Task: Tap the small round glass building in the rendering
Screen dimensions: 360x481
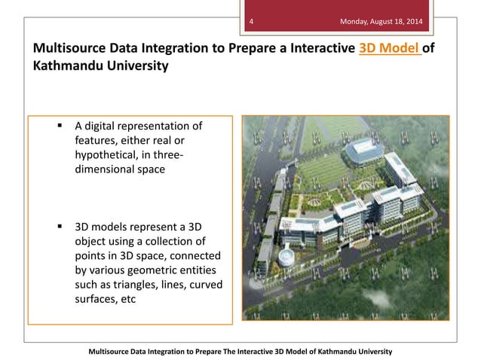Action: [287, 256]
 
